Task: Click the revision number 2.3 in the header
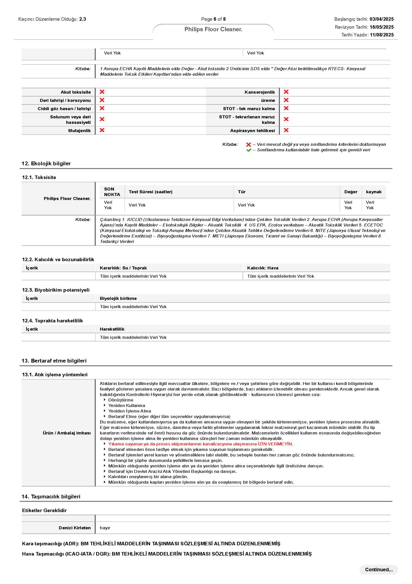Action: click(82, 19)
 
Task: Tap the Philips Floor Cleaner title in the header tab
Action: click(213, 29)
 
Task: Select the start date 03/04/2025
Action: click(381, 19)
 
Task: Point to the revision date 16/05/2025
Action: click(381, 27)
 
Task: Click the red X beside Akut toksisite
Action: click(102, 92)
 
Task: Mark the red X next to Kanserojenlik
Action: click(286, 92)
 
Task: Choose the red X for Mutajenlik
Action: click(102, 130)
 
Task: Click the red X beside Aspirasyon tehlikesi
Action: click(286, 130)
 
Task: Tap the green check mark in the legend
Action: click(248, 150)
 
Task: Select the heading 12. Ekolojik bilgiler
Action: click(46, 164)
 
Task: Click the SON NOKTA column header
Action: click(112, 192)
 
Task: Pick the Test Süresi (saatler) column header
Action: click(151, 192)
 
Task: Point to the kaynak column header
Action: click(374, 192)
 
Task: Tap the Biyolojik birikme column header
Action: click(118, 298)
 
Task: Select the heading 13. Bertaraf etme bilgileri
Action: click(54, 361)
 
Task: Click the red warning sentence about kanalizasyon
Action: click(201, 444)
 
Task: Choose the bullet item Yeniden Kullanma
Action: click(127, 405)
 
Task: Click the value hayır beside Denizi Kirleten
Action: click(105, 528)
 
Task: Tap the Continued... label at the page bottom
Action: click(379, 570)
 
